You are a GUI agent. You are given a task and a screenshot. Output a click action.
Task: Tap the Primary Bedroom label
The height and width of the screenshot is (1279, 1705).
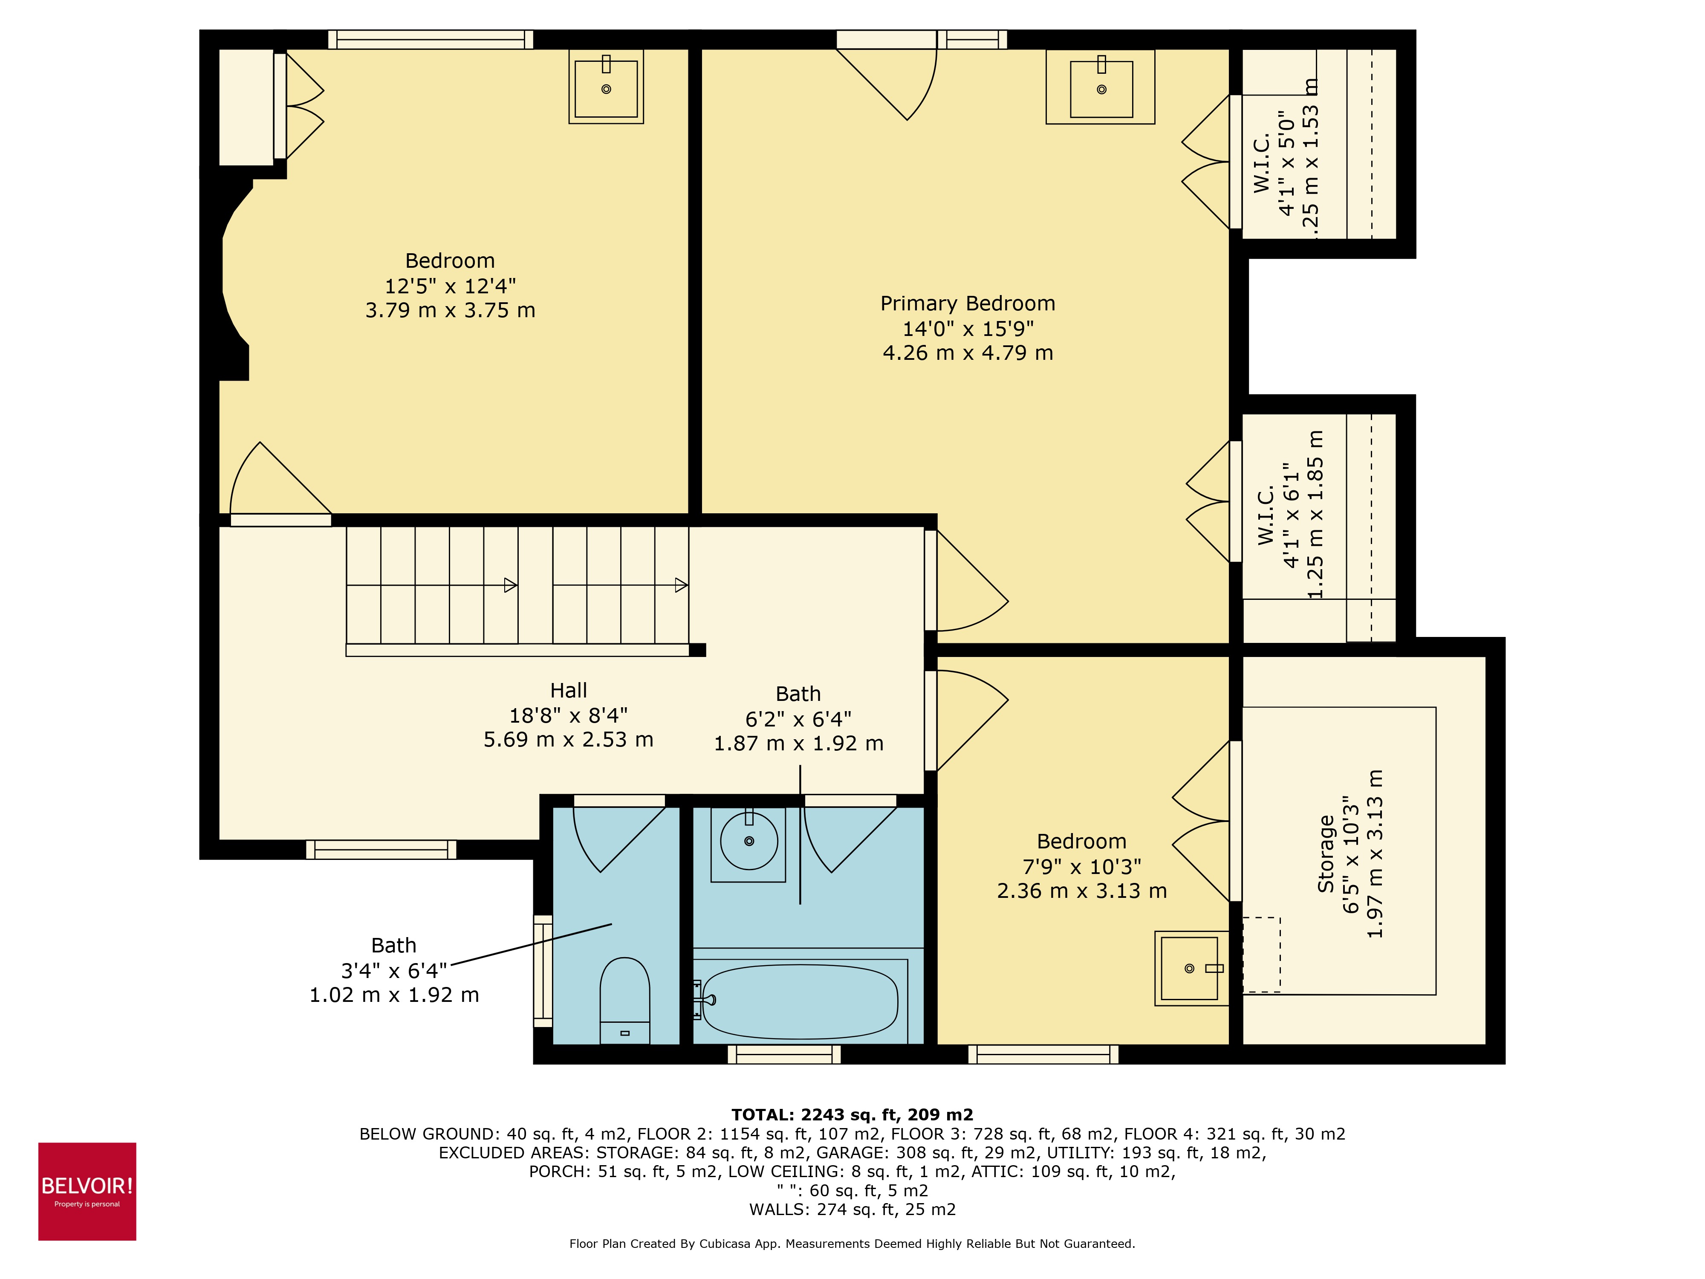(x=967, y=304)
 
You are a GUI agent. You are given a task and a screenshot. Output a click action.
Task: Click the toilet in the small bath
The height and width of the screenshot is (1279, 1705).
(x=624, y=1000)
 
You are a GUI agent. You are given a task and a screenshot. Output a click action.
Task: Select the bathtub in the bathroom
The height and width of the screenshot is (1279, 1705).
(x=800, y=1001)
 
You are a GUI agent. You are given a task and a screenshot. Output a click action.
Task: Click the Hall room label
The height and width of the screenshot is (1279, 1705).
(x=568, y=691)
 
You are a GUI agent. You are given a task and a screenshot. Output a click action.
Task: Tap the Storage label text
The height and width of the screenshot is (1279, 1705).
(x=1326, y=854)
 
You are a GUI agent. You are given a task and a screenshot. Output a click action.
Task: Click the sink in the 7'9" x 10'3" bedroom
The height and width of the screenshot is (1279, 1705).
(x=1189, y=968)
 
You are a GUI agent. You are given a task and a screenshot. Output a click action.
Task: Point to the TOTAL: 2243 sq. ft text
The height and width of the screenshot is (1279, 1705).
(x=852, y=1115)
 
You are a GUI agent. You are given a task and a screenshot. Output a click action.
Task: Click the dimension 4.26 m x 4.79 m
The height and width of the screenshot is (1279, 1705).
(x=967, y=353)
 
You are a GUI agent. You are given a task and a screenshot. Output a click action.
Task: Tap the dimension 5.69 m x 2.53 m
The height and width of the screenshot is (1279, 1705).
(x=568, y=740)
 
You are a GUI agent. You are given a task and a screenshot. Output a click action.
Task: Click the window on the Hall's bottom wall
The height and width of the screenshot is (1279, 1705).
(x=381, y=850)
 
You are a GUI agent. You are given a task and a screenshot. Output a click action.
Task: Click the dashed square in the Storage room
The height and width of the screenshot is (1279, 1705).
(x=1261, y=955)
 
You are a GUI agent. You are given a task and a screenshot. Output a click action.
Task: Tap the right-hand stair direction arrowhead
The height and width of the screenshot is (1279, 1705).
(x=681, y=585)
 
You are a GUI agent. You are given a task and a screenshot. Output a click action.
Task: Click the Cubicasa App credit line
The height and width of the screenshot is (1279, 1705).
(x=852, y=1244)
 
